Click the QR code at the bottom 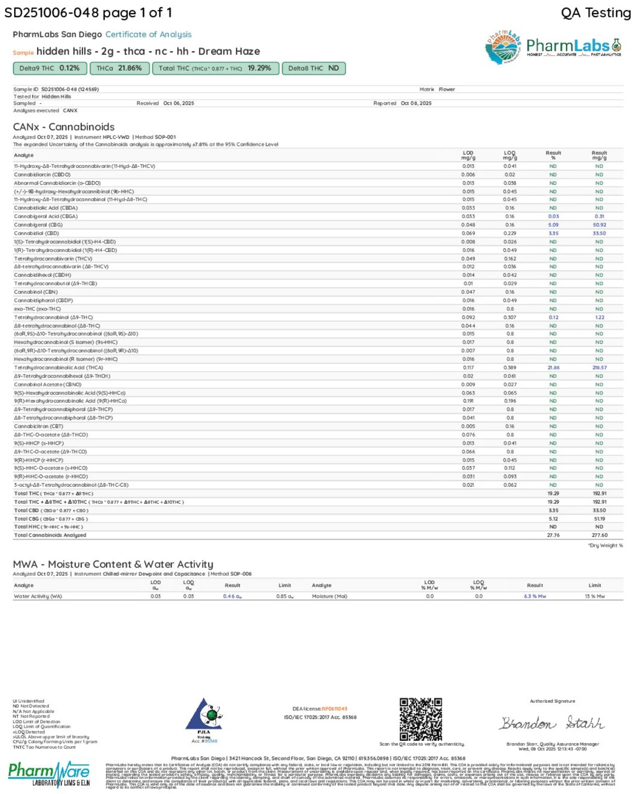click(421, 719)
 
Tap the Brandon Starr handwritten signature click(552, 723)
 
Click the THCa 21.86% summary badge click(119, 68)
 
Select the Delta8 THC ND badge click(313, 68)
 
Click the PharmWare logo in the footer click(49, 774)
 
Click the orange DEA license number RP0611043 click(334, 709)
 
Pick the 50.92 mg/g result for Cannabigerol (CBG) click(599, 225)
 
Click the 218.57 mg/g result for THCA click(599, 368)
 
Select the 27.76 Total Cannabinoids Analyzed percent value click(553, 535)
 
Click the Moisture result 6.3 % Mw click(535, 597)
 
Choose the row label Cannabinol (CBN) click(36, 292)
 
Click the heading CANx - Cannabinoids click(64, 127)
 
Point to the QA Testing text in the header click(596, 13)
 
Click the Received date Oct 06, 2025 click(178, 104)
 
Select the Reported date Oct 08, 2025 click(416, 104)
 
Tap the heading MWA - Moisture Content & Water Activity click(113, 564)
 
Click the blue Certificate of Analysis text click(148, 34)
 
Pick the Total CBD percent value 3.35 click(553, 510)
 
